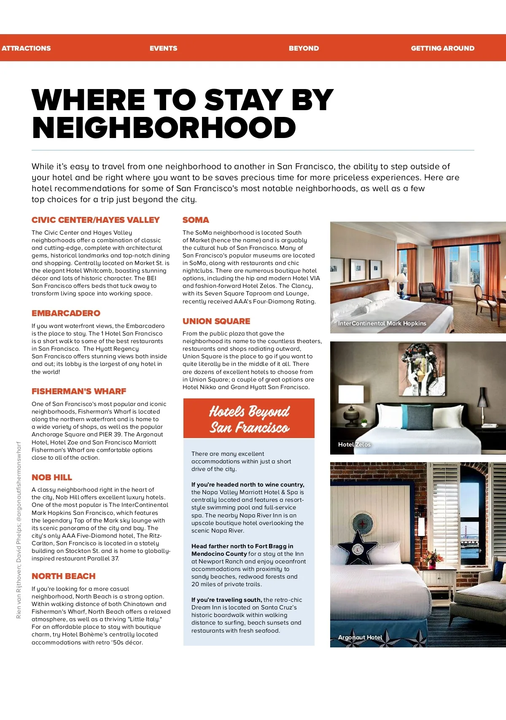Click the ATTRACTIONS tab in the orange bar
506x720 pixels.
pos(26,48)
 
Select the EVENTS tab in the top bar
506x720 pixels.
pos(163,48)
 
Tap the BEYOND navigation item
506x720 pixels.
pos(304,48)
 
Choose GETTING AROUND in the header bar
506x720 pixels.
pos(442,48)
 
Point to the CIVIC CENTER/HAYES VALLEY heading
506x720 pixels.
pos(95,220)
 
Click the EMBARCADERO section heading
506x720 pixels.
pos(66,313)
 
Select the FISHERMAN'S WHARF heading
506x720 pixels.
pos(79,391)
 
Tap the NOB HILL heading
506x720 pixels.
pos(52,477)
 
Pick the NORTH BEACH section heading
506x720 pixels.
pos(63,576)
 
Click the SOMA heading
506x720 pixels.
pos(196,220)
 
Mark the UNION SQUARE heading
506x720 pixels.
pos(216,321)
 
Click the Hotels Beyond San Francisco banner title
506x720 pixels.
pos(249,419)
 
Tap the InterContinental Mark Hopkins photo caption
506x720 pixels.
pos(382,323)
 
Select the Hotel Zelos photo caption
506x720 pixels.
pos(354,444)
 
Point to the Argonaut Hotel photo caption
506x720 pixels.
pos(360,637)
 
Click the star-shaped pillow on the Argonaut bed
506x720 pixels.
pos(358,549)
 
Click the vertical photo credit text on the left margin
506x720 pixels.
pos(19,530)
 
